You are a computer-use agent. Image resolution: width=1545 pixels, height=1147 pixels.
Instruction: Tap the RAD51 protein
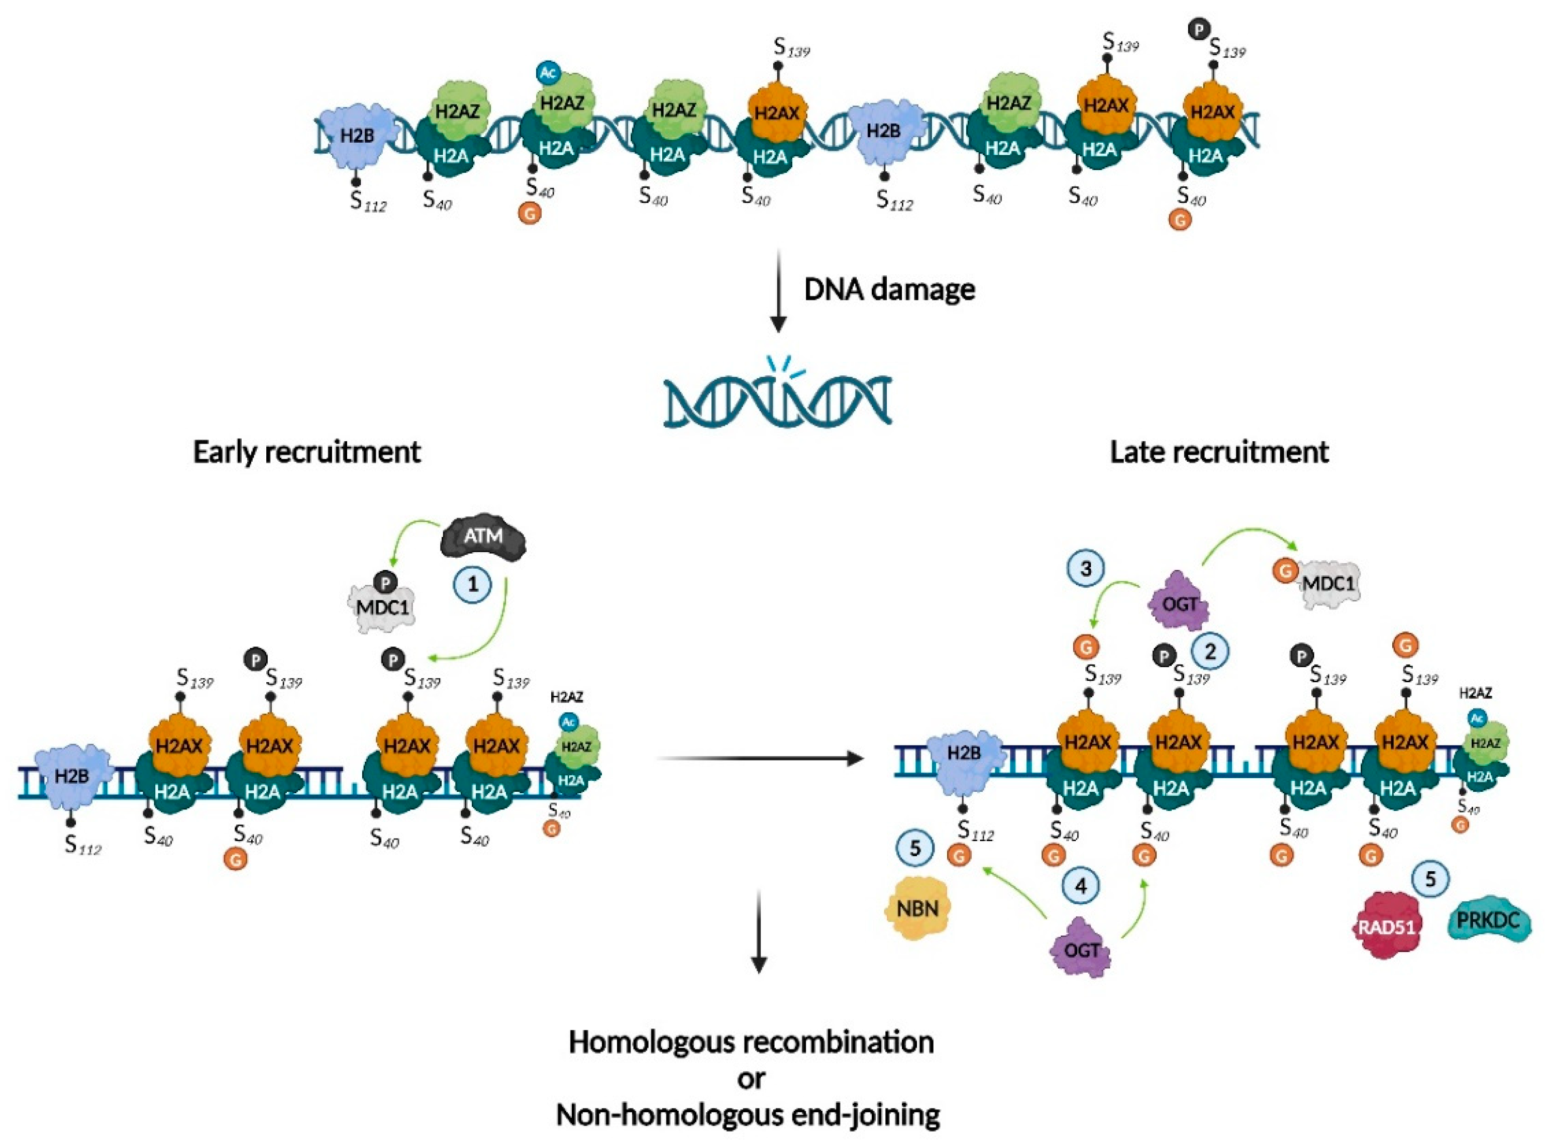(x=1386, y=926)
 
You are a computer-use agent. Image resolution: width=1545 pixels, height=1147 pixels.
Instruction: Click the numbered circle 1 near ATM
(x=473, y=584)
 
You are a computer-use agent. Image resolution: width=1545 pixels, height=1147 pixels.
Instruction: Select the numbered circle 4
(x=1080, y=885)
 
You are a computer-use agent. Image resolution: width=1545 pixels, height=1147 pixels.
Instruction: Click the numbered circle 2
(x=1210, y=651)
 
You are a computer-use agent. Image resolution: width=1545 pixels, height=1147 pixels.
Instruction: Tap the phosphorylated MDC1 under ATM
(x=382, y=605)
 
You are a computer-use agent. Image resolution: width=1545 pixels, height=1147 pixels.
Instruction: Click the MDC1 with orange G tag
(x=1326, y=584)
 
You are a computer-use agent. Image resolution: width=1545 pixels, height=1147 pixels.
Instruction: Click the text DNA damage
(x=889, y=289)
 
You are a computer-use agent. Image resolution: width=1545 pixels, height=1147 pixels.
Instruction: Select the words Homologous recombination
(x=751, y=1042)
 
